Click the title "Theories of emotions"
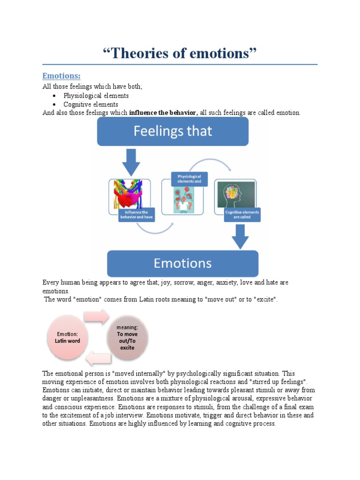(x=180, y=53)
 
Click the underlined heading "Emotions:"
(x=61, y=76)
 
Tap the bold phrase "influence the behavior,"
(x=164, y=113)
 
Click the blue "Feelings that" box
(x=172, y=131)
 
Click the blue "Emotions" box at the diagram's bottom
(x=183, y=263)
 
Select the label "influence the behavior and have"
(x=136, y=215)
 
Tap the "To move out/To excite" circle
(x=126, y=338)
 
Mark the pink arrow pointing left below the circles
(x=99, y=359)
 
